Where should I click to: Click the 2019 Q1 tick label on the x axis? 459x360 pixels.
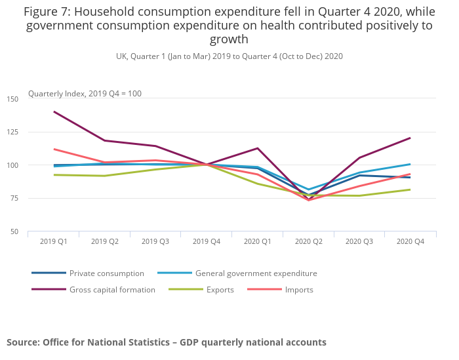[54, 241]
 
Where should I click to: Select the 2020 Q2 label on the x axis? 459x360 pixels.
[308, 241]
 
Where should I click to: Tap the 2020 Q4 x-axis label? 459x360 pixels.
[410, 241]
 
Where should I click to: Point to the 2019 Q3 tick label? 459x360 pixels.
[155, 241]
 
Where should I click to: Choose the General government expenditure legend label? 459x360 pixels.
[256, 273]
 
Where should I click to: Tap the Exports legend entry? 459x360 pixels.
[220, 290]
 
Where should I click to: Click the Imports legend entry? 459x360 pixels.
[299, 290]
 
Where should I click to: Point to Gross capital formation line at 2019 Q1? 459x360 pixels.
[54, 111]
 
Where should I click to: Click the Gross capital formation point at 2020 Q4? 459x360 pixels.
[410, 138]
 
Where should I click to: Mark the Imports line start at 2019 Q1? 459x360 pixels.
[54, 149]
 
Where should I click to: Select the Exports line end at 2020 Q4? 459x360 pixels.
[410, 190]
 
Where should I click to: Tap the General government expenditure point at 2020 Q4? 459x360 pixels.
[410, 164]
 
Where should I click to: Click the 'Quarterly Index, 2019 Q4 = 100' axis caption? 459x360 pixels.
[85, 94]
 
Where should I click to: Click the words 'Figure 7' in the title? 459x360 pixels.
[49, 11]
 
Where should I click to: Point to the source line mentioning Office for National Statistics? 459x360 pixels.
[166, 342]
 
